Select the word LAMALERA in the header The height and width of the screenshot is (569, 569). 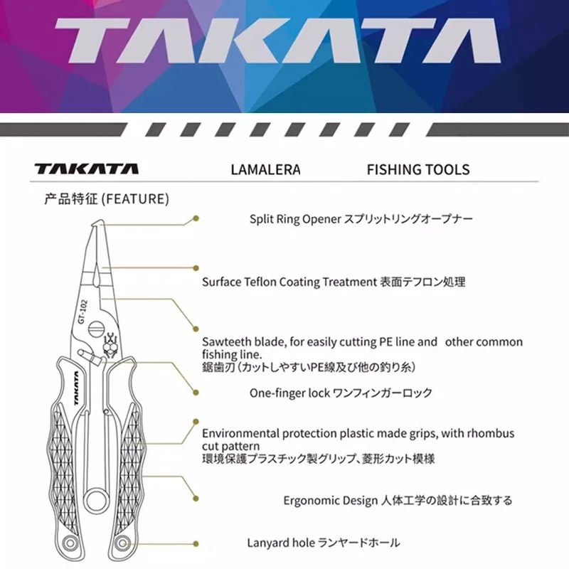pyautogui.click(x=265, y=170)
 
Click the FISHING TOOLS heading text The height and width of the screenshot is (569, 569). pyautogui.click(x=418, y=170)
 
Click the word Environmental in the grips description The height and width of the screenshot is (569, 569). pyautogui.click(x=239, y=433)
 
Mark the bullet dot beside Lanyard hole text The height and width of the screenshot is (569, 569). pyautogui.click(x=196, y=541)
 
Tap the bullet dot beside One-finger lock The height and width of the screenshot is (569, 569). pyautogui.click(x=196, y=392)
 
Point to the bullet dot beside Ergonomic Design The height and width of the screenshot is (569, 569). pyautogui.click(x=196, y=500)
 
